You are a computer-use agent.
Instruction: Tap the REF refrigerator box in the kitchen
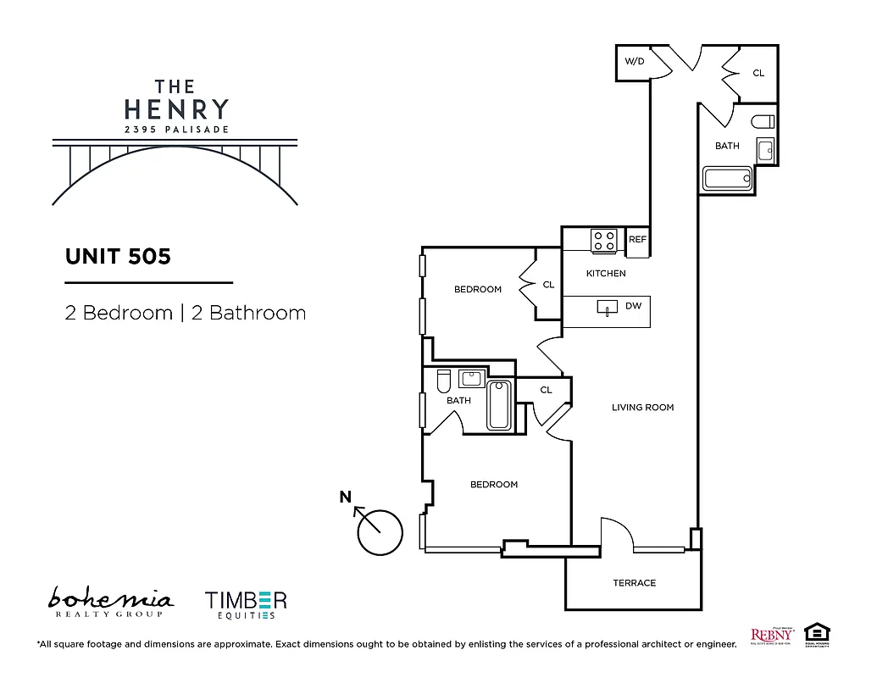click(637, 240)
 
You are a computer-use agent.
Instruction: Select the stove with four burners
click(603, 241)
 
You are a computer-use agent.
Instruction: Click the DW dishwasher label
click(633, 306)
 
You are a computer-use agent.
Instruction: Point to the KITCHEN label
click(606, 274)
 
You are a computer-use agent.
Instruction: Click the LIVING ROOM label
click(642, 408)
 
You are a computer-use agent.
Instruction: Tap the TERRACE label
click(634, 583)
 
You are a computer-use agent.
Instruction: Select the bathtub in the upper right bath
click(727, 179)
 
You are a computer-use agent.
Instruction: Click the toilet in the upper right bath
click(762, 120)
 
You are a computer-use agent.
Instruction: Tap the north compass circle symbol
click(380, 532)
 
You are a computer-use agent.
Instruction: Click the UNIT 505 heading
click(118, 256)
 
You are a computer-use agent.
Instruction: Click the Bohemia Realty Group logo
click(110, 603)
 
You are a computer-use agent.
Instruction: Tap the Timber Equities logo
click(246, 603)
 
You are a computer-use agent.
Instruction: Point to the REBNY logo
click(770, 635)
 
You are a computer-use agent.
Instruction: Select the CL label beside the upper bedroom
click(548, 285)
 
